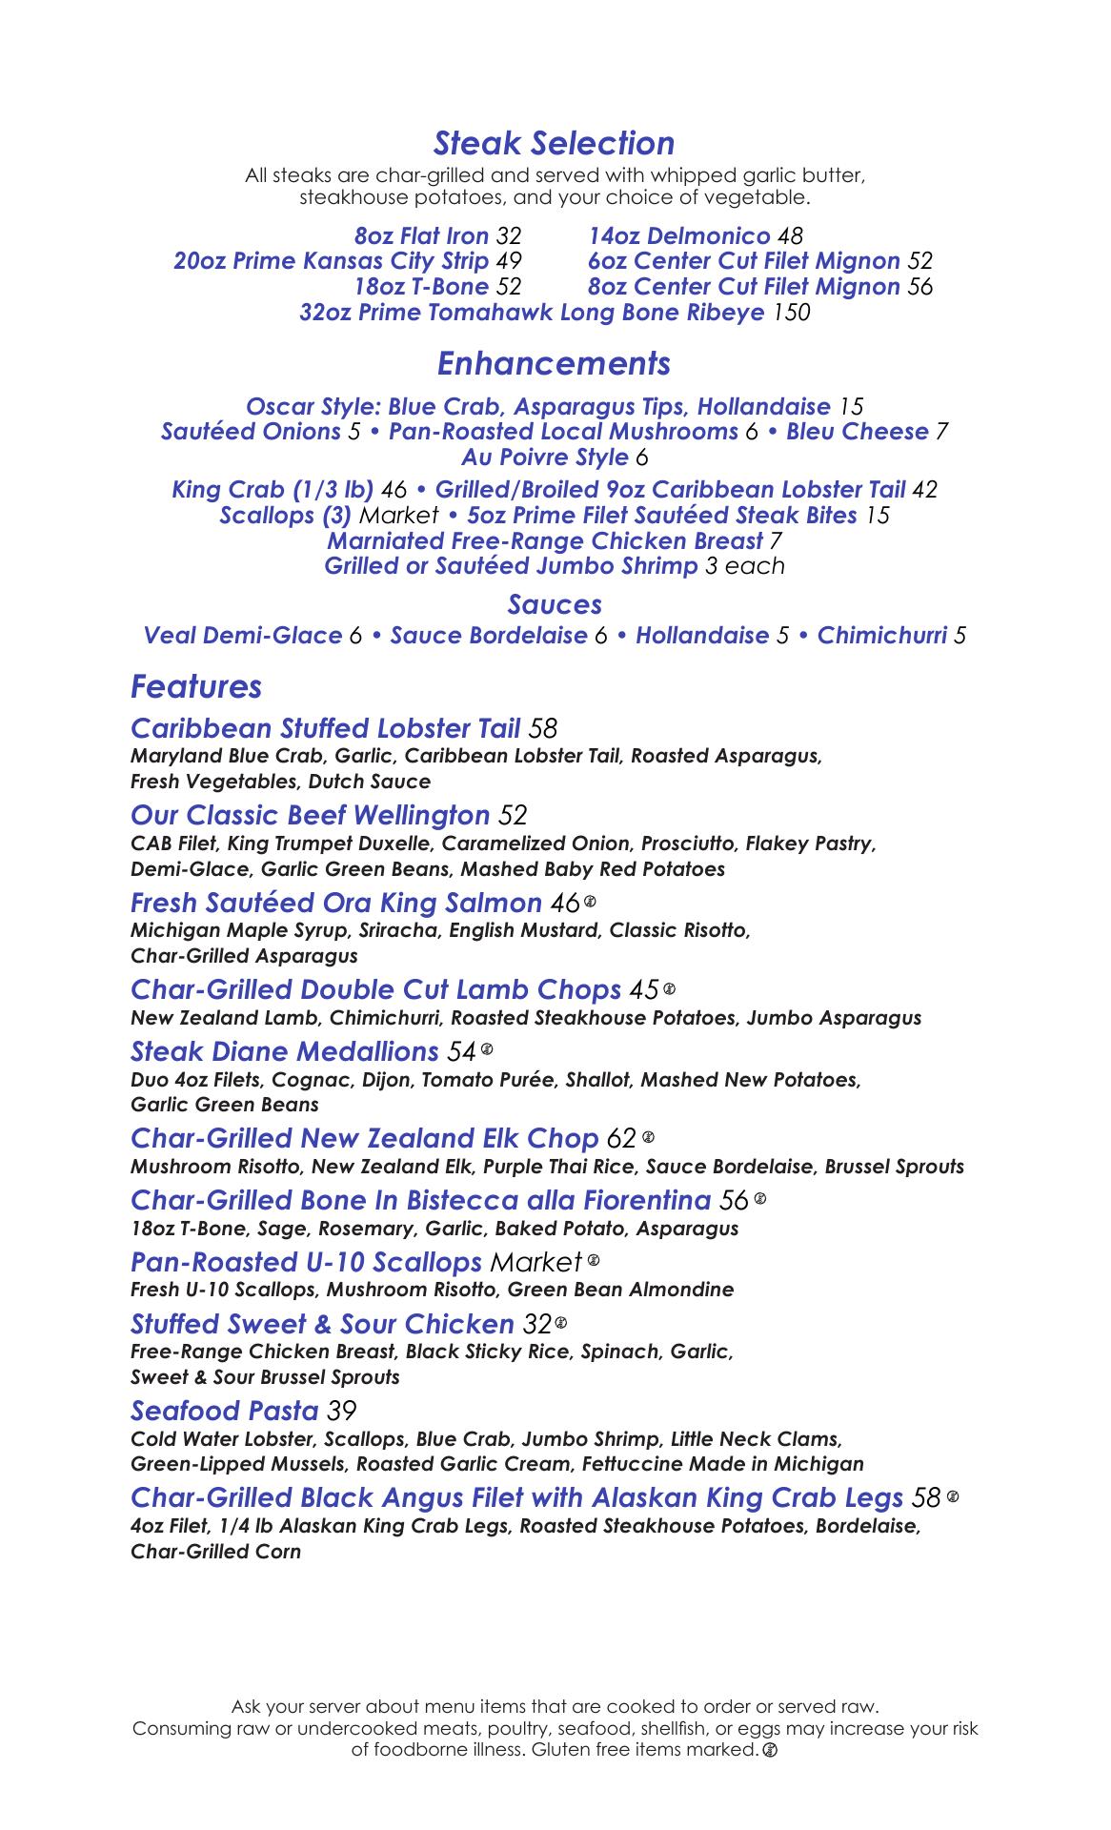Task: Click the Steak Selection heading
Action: pyautogui.click(x=554, y=143)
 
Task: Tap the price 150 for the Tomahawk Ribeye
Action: pyautogui.click(x=791, y=313)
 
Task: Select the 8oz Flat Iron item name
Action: pyautogui.click(x=421, y=235)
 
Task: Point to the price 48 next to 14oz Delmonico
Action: pyautogui.click(x=790, y=235)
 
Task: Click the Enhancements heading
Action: pyautogui.click(x=554, y=363)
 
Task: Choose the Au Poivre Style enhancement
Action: pyautogui.click(x=545, y=457)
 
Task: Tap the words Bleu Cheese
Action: pyautogui.click(x=857, y=432)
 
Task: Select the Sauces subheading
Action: pyautogui.click(x=555, y=604)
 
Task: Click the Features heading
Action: pyautogui.click(x=196, y=686)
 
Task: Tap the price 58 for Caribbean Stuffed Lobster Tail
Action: pyautogui.click(x=542, y=728)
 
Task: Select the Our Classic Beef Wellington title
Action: pyautogui.click(x=311, y=815)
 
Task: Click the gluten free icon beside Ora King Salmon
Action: pyautogui.click(x=591, y=901)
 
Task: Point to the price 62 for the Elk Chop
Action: pyautogui.click(x=621, y=1138)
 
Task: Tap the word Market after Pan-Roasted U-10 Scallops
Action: pyautogui.click(x=535, y=1262)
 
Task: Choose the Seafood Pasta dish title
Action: pyautogui.click(x=224, y=1410)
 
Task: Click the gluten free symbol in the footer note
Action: pyautogui.click(x=770, y=1750)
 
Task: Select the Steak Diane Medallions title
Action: pyautogui.click(x=284, y=1051)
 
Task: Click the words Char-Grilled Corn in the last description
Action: pyautogui.click(x=215, y=1551)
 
